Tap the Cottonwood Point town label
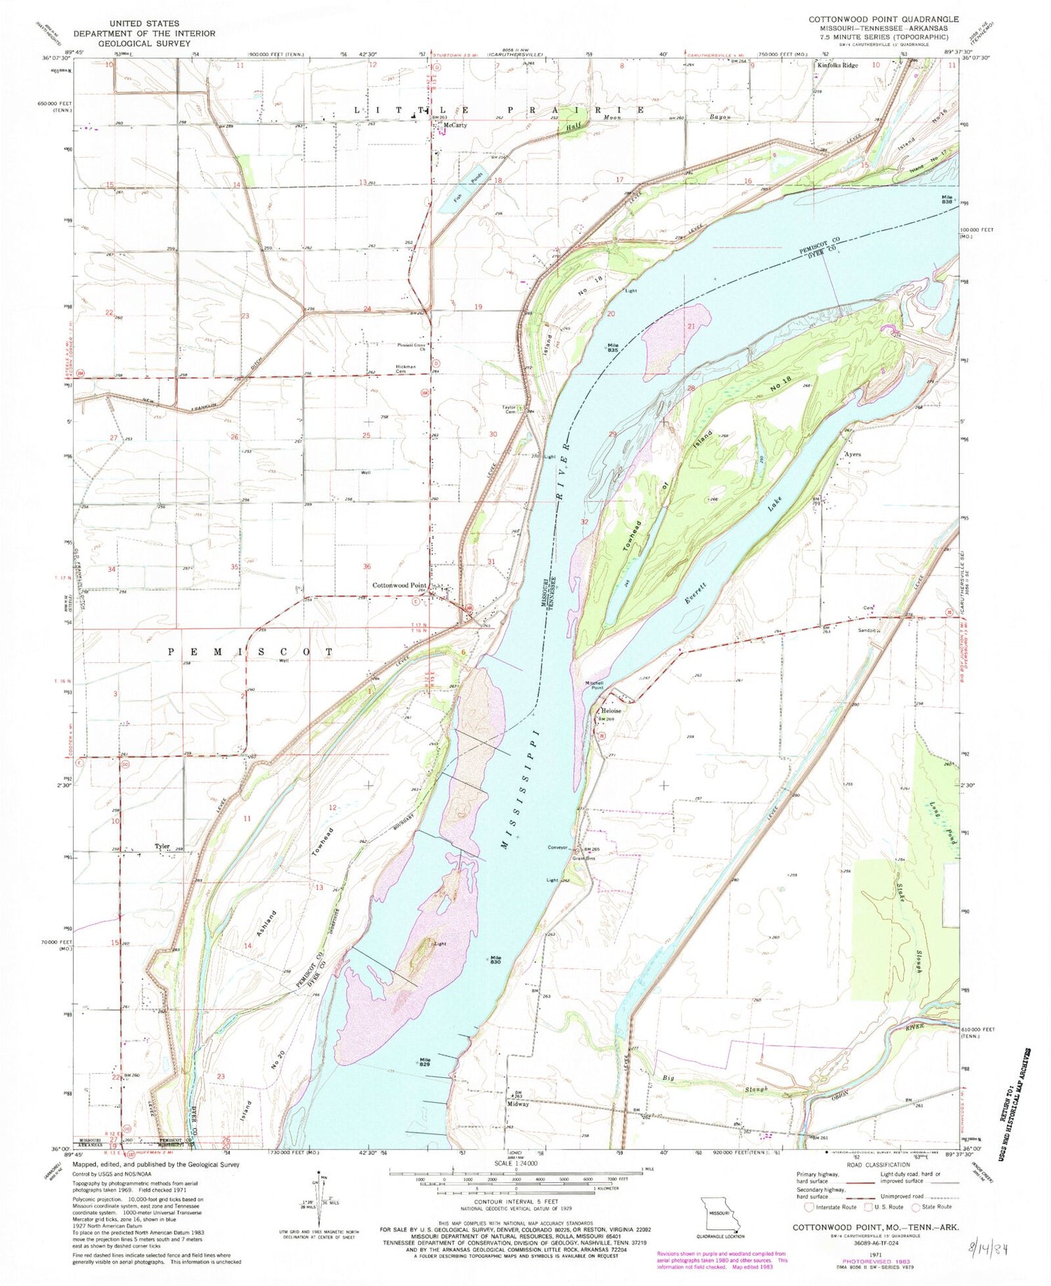(x=399, y=585)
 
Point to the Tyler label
(x=163, y=847)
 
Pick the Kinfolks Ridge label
(x=834, y=65)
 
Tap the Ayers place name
(x=852, y=454)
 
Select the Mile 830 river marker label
(x=495, y=959)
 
